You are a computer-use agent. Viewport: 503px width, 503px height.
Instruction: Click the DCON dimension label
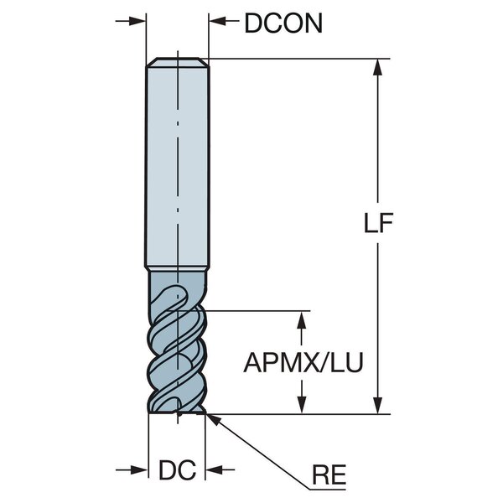[283, 23]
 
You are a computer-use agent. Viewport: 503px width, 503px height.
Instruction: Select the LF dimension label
[378, 223]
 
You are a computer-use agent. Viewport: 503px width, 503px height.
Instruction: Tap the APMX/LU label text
[303, 362]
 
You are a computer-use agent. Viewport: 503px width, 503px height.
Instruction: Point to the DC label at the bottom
[177, 470]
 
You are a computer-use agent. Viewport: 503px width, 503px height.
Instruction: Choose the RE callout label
[329, 474]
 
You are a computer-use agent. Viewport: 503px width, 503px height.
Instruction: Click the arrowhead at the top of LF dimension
[378, 67]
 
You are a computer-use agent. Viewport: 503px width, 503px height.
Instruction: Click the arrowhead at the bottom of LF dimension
[378, 406]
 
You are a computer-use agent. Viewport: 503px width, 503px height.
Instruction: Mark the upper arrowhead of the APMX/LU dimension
[301, 319]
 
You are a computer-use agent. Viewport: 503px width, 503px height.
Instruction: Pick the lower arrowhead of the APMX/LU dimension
[301, 406]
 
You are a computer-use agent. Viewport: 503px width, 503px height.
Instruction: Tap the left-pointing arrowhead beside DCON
[217, 21]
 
